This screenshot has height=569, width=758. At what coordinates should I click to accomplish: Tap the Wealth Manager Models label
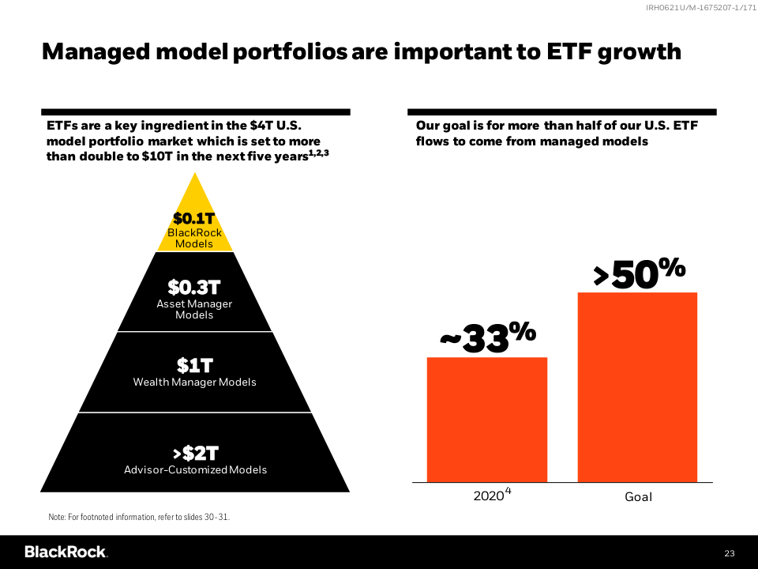pyautogui.click(x=194, y=382)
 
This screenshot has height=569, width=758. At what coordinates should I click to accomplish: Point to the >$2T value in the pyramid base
pyautogui.click(x=195, y=454)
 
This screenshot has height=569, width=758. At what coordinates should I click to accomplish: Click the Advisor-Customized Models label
pyautogui.click(x=195, y=470)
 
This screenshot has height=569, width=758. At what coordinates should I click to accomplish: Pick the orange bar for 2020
pyautogui.click(x=487, y=419)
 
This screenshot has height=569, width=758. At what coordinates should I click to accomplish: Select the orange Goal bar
pyautogui.click(x=637, y=387)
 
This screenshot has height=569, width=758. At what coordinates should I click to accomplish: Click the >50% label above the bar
pyautogui.click(x=638, y=273)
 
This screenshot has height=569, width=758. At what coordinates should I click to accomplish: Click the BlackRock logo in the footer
pyautogui.click(x=66, y=552)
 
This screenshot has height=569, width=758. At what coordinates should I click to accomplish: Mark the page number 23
pyautogui.click(x=729, y=552)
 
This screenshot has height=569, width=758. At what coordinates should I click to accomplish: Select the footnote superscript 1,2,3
pyautogui.click(x=319, y=153)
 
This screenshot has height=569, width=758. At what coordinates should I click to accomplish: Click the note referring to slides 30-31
pyautogui.click(x=139, y=517)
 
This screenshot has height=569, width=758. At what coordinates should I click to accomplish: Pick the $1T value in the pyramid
pyautogui.click(x=194, y=366)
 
